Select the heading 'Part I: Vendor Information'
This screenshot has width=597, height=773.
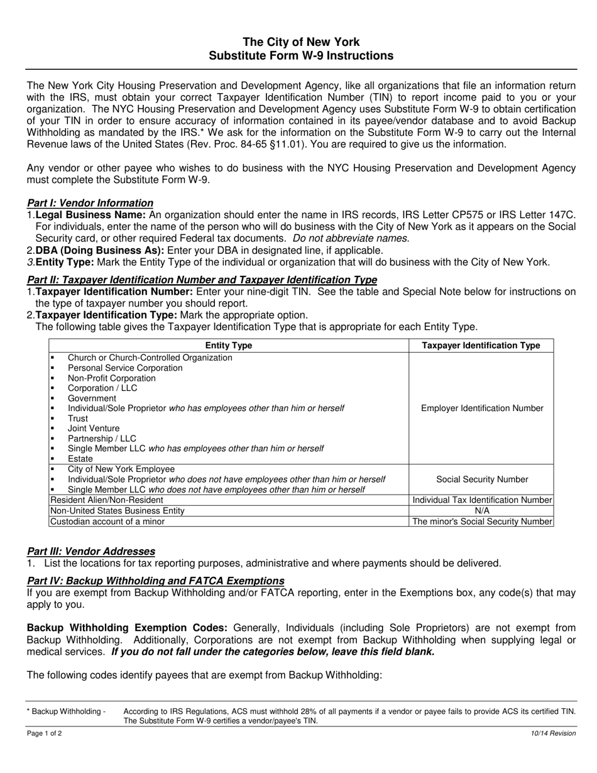[x=90, y=203]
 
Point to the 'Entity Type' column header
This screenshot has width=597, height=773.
[x=229, y=346]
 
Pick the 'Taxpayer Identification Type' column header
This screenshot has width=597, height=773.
[x=481, y=346]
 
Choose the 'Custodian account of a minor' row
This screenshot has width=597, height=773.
[x=107, y=522]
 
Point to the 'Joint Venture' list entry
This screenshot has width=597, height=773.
[x=94, y=429]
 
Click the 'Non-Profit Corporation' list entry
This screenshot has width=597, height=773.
[x=112, y=378]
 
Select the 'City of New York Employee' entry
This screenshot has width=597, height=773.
[x=121, y=469]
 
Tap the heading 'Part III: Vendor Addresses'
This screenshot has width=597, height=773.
[x=91, y=551]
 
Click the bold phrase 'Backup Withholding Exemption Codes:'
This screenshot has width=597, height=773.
[x=127, y=628]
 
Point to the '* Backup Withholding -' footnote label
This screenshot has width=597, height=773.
[x=67, y=711]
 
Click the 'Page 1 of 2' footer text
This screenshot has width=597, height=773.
[x=44, y=733]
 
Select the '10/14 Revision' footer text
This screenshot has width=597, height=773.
[x=553, y=733]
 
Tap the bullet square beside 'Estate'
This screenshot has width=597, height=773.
[x=53, y=459]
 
